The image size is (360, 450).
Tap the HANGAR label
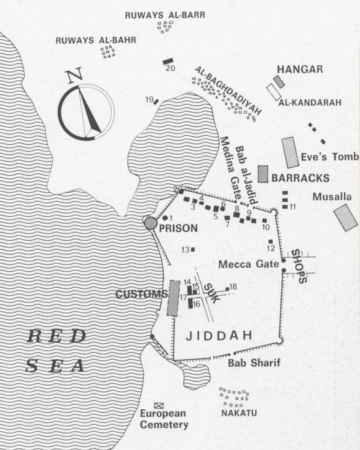point(300,69)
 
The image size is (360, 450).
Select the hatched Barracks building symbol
point(263,174)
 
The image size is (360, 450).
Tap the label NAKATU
point(239,413)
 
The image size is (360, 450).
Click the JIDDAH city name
point(219,336)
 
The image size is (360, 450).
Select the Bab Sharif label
point(254,363)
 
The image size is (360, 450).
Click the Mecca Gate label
point(249,264)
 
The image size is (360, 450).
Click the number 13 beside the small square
point(185,250)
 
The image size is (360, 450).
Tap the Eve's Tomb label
point(329,157)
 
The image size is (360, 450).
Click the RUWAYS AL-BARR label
point(165,15)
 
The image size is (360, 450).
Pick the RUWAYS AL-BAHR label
point(96,40)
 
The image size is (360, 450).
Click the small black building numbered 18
point(227,289)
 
